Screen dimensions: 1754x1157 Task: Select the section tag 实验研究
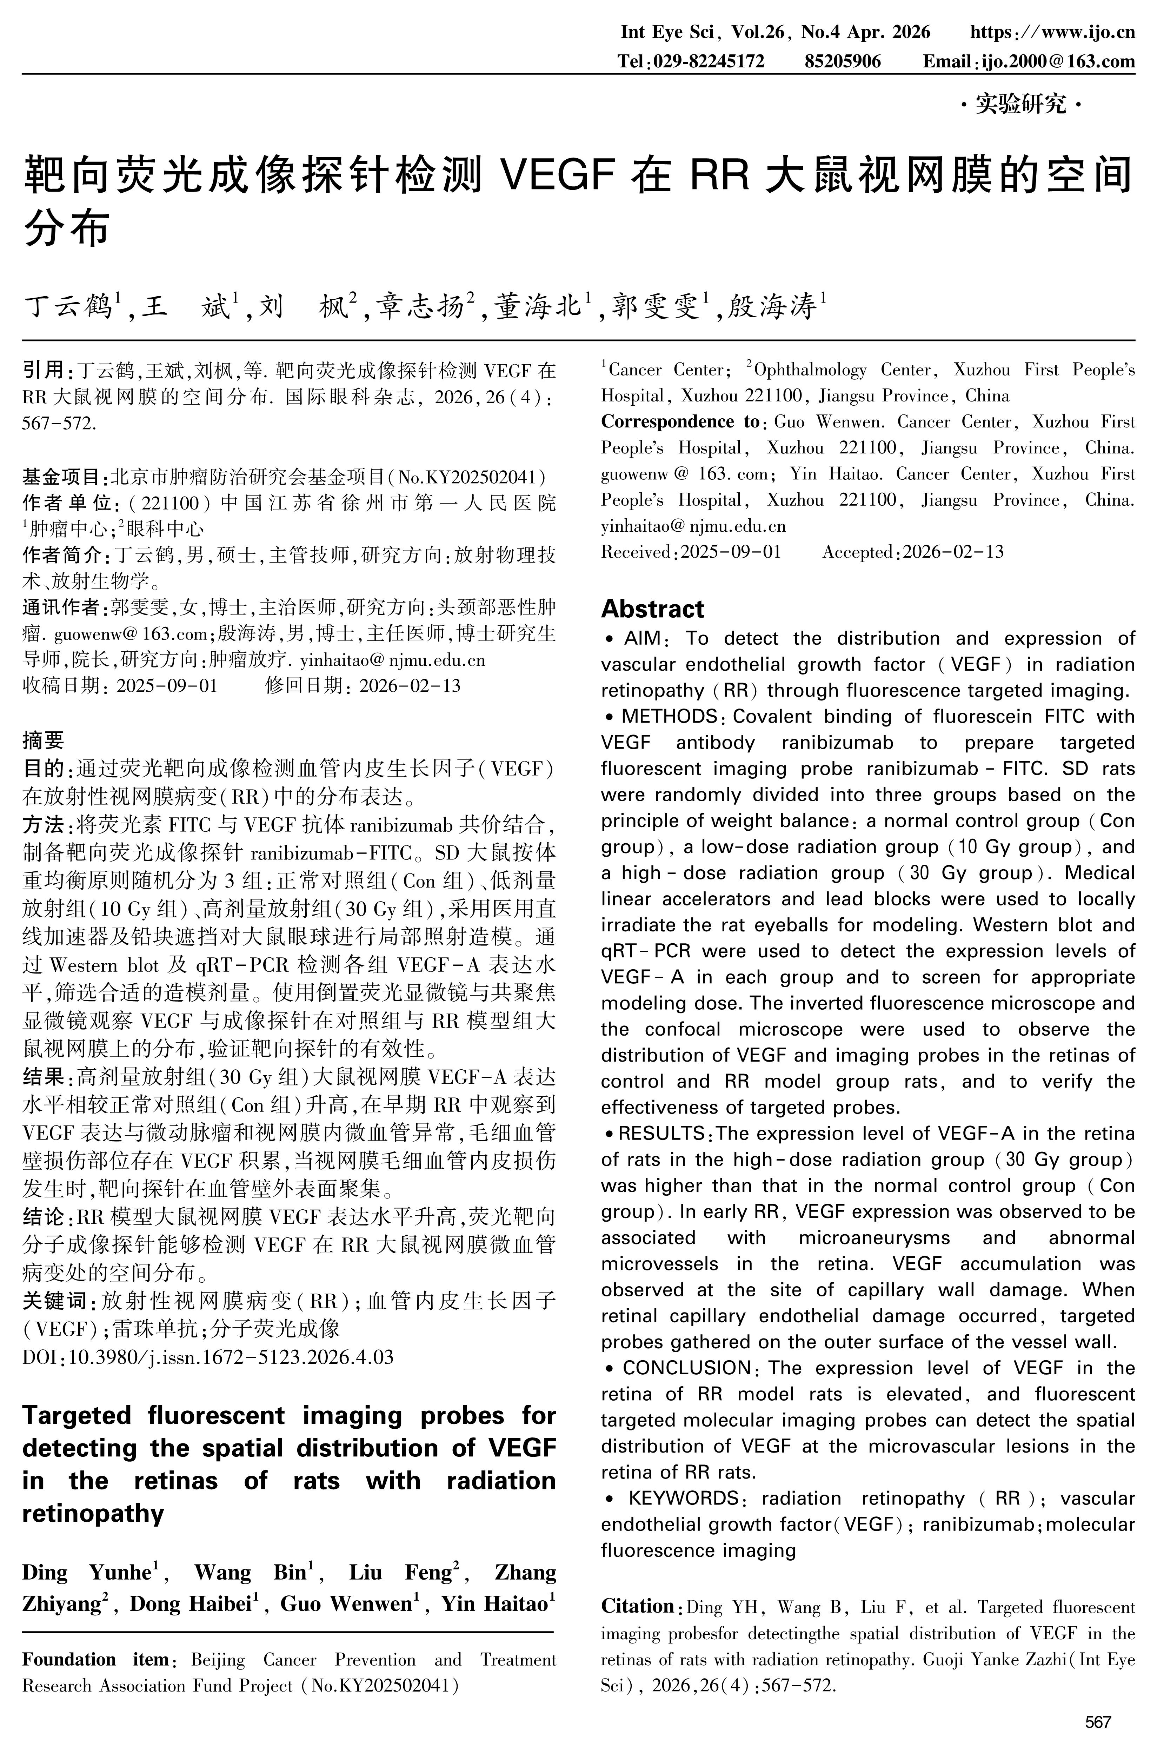[x=1021, y=105]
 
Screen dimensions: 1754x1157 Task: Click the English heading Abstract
[x=652, y=609]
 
